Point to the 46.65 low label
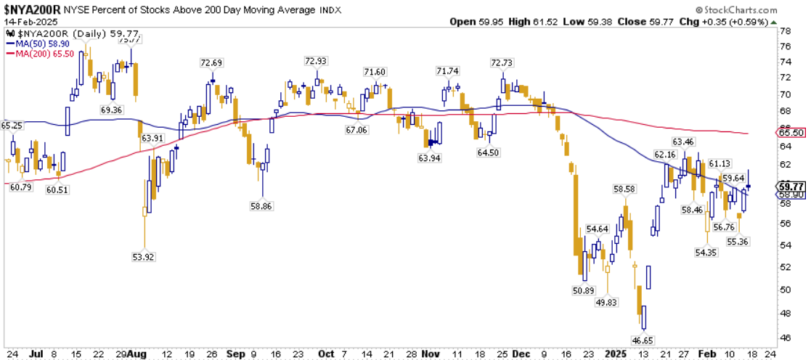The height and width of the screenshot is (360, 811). [x=643, y=340]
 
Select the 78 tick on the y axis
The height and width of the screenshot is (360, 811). [x=785, y=31]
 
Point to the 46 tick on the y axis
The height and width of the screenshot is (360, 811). [x=785, y=337]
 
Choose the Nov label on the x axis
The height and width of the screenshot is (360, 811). [x=431, y=354]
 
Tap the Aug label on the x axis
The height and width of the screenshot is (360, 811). [x=136, y=354]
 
